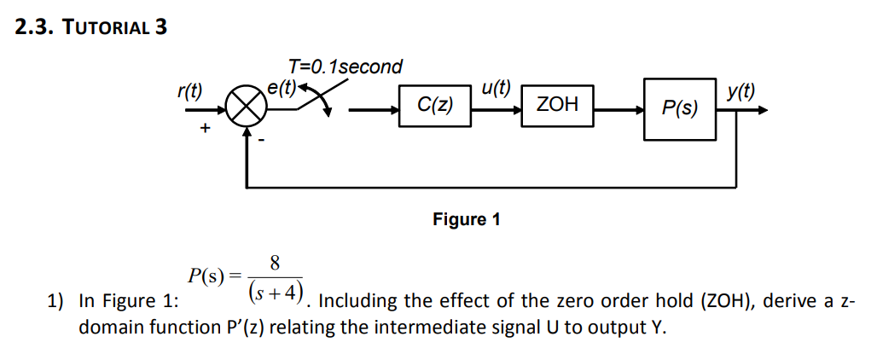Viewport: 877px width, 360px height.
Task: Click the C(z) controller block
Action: click(x=435, y=106)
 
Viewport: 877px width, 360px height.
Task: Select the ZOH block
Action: click(x=557, y=105)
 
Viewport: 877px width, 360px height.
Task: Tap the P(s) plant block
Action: click(x=679, y=108)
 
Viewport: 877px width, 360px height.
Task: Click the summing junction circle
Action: click(x=246, y=108)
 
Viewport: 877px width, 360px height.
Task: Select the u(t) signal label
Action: click(x=496, y=86)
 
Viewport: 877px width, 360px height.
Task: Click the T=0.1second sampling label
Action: click(x=345, y=67)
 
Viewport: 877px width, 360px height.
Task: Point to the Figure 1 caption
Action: click(x=466, y=219)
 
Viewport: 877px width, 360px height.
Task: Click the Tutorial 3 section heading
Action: click(x=91, y=27)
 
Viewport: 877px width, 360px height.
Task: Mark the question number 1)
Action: click(x=56, y=301)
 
